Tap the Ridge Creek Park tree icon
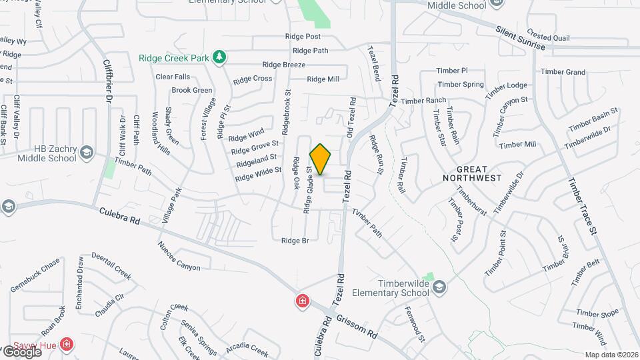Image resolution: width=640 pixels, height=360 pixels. (x=219, y=57)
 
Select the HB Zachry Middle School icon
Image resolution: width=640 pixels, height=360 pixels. (x=86, y=154)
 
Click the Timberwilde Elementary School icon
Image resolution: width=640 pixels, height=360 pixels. (x=439, y=287)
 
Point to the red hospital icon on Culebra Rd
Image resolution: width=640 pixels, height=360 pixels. (x=302, y=301)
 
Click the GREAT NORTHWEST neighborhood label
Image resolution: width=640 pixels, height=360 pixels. (x=472, y=174)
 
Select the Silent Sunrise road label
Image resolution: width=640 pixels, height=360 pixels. (x=521, y=39)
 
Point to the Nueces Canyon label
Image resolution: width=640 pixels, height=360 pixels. (x=179, y=257)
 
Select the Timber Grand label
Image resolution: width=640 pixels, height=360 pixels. (x=563, y=72)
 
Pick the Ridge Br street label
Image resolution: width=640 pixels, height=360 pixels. (x=295, y=241)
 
